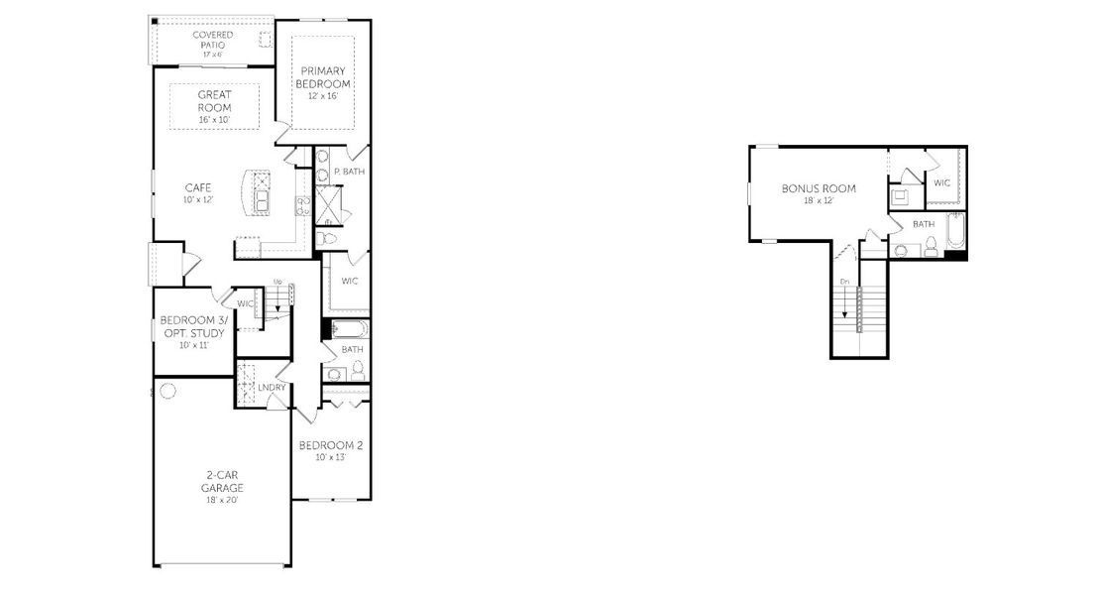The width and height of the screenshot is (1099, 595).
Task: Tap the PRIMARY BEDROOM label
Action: (323, 77)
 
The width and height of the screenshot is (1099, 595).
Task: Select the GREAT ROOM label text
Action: (214, 101)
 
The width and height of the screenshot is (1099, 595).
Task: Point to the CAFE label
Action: (198, 186)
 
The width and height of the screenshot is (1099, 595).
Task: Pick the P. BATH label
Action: (349, 172)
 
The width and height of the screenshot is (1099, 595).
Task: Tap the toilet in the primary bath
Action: (329, 239)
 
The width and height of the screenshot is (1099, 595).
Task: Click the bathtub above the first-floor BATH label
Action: (347, 329)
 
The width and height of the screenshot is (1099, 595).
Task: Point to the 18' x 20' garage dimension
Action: (222, 500)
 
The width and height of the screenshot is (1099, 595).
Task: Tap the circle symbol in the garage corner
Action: (167, 391)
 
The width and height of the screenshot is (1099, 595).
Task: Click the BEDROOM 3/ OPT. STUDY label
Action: (193, 326)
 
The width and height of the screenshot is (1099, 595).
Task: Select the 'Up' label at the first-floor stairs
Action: (278, 283)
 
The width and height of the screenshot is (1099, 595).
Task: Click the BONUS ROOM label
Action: (819, 188)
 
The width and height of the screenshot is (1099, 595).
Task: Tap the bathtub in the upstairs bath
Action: (955, 231)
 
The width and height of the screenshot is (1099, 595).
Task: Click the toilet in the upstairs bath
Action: (931, 249)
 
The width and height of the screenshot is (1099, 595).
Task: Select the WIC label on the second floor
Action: (942, 182)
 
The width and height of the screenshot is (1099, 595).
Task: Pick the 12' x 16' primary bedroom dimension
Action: (323, 96)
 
